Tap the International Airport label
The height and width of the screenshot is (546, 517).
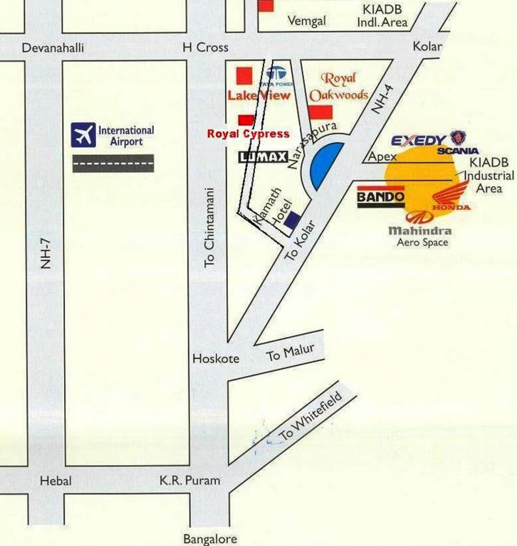pyautogui.click(x=126, y=136)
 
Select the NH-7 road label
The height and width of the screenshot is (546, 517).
pyautogui.click(x=46, y=252)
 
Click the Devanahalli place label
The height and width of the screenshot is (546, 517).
pyautogui.click(x=53, y=48)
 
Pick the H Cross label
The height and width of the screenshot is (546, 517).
pyautogui.click(x=206, y=48)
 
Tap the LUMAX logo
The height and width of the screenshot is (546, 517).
pyautogui.click(x=263, y=157)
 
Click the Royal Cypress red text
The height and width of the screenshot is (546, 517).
pyautogui.click(x=248, y=134)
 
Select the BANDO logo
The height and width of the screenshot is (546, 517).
pyautogui.click(x=380, y=196)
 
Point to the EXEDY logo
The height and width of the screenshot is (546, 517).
pyautogui.click(x=419, y=140)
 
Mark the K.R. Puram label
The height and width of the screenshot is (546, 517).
pyautogui.click(x=189, y=481)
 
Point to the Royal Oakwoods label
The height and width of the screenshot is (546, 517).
pyautogui.click(x=338, y=87)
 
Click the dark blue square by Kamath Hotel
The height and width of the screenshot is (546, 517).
pyautogui.click(x=291, y=220)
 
